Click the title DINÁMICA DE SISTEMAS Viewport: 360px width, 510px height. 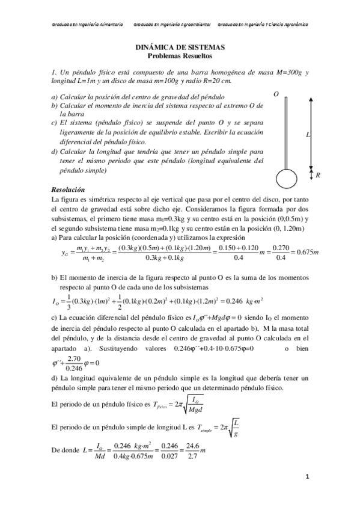(180, 46)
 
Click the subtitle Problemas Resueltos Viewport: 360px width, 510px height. (180, 55)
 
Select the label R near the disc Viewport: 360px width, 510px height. (317, 176)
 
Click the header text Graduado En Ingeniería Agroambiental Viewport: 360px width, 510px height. (171, 25)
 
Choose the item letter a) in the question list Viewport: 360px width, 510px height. (54, 97)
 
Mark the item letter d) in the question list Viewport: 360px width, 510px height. (55, 152)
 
